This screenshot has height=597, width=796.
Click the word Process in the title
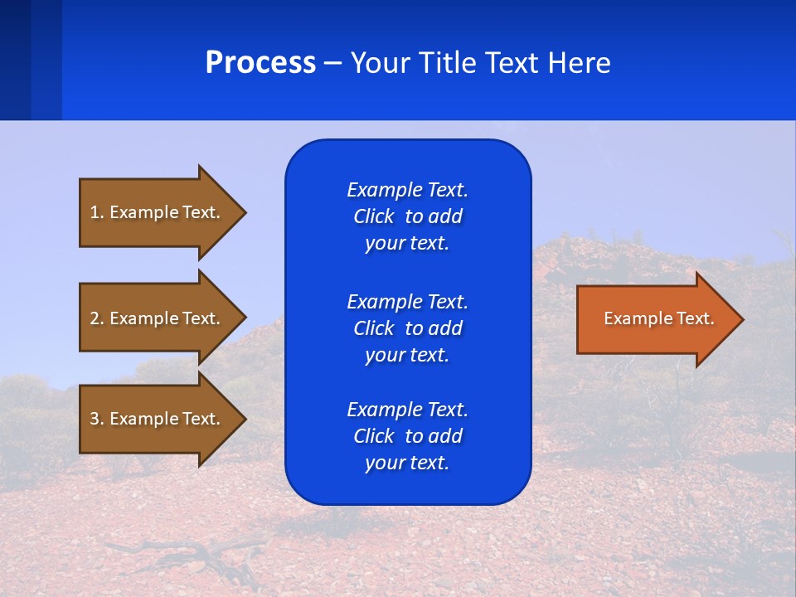pos(260,63)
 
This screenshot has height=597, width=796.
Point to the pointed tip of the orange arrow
pos(740,319)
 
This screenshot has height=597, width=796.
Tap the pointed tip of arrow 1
pos(243,212)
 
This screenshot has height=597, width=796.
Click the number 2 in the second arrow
pos(95,318)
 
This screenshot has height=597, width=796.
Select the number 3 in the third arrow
pos(95,419)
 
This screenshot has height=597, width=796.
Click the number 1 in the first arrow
pos(95,212)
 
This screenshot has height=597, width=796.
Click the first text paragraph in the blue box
pos(407,216)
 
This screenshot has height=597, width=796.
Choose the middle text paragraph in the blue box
pos(407,328)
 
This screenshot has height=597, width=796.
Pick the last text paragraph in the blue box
pos(407,436)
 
